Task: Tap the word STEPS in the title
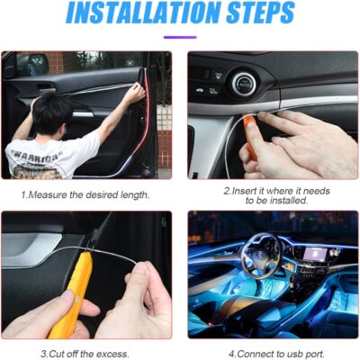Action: tap(260, 13)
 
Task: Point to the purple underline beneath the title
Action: tap(180, 38)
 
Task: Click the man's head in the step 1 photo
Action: tap(53, 115)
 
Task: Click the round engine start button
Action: tap(243, 84)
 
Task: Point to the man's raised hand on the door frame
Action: tap(136, 91)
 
